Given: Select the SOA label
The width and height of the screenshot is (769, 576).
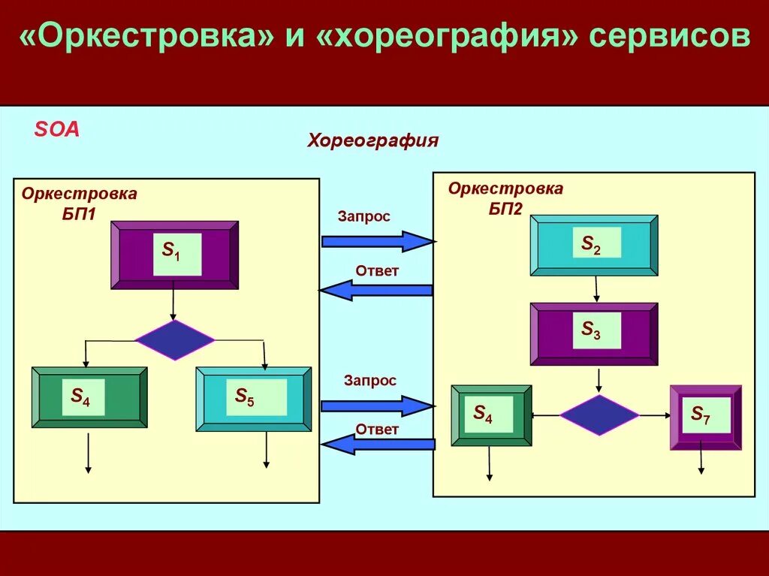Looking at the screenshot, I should (x=56, y=129).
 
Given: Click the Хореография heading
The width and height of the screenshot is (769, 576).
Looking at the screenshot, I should (x=372, y=140).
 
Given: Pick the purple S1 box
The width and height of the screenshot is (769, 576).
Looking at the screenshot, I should (x=175, y=255).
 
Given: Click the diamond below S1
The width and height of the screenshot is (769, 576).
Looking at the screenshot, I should (x=175, y=340).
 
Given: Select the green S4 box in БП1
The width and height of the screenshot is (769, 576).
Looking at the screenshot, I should (x=89, y=397).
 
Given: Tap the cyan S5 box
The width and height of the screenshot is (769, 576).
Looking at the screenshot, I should (x=254, y=399).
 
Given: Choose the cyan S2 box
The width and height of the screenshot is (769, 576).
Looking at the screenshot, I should (x=594, y=246).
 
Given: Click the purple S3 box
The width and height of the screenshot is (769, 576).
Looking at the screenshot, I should (x=594, y=333).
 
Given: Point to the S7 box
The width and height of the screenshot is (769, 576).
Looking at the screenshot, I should (x=705, y=417).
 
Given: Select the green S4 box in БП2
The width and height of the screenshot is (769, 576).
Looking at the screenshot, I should (x=491, y=415).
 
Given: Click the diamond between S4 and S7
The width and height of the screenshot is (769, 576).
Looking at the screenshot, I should (x=599, y=415).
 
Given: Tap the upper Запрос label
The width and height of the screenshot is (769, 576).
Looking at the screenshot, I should (x=363, y=216).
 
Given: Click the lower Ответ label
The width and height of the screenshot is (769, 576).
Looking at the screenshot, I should (x=377, y=429).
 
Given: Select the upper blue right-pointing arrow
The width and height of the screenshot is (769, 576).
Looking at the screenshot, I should (x=378, y=241).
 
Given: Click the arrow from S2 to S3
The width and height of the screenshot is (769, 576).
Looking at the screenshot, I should (x=596, y=289).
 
